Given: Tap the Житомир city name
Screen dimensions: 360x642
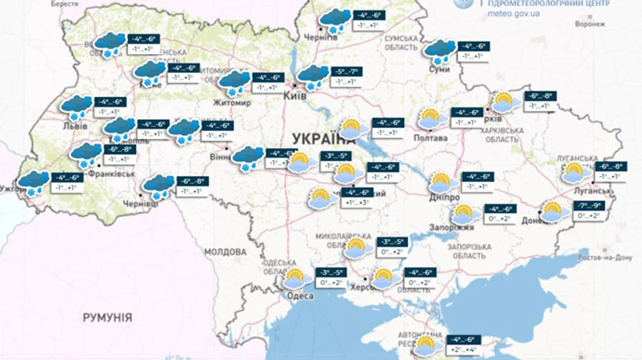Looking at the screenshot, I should [233, 103].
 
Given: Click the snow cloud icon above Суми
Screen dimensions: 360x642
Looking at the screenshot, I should [439, 50].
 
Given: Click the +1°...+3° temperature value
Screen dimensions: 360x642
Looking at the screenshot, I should [357, 202].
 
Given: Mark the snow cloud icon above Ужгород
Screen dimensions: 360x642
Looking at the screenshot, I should [33, 182].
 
